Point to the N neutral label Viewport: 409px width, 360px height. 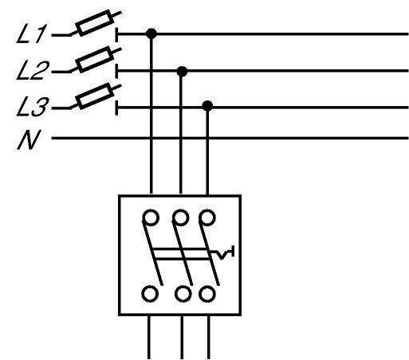[29, 139]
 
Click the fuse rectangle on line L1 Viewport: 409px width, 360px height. [95, 23]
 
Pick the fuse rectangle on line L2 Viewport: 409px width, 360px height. [95, 59]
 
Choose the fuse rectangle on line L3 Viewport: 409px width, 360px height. [95, 96]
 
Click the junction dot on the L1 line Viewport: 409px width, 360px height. [151, 33]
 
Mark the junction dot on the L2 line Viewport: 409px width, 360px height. [182, 72]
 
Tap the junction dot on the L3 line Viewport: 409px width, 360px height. [207, 106]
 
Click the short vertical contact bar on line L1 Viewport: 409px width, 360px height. [116, 34]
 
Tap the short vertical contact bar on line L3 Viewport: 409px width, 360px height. [116, 108]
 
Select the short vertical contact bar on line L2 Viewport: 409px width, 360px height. [116, 71]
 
